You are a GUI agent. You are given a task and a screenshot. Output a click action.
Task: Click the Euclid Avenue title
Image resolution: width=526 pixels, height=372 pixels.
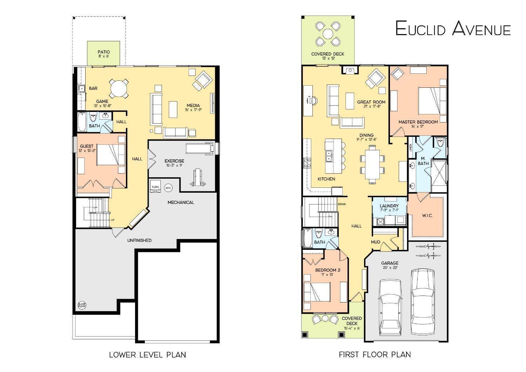(453, 28)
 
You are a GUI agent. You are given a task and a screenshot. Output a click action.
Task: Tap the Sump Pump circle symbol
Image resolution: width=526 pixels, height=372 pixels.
(82, 305)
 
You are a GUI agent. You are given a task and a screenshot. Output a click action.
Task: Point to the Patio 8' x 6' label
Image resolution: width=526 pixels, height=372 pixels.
(103, 54)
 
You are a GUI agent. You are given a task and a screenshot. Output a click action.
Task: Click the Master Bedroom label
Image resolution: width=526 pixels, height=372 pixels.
(418, 124)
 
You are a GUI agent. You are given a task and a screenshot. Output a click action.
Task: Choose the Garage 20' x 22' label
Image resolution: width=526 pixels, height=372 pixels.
(390, 265)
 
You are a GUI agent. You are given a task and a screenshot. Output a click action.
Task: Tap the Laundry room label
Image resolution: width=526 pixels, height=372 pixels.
(389, 208)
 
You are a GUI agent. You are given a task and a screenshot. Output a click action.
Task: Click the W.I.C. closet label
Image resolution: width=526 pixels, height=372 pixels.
(427, 215)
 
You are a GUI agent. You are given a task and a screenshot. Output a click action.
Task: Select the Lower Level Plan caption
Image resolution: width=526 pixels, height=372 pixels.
(147, 355)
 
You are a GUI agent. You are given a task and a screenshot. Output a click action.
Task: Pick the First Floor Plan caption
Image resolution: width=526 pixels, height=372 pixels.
(375, 355)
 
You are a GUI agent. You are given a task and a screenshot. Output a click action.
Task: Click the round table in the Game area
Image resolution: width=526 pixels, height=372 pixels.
(118, 88)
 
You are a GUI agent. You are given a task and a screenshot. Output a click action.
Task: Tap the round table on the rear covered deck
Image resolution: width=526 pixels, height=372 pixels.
(328, 34)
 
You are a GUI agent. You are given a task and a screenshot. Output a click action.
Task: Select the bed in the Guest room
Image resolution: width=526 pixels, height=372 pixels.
(110, 155)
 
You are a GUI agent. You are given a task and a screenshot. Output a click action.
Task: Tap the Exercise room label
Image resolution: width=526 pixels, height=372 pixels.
(174, 163)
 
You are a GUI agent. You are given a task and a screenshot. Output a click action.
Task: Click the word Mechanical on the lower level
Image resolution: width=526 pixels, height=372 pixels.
(181, 202)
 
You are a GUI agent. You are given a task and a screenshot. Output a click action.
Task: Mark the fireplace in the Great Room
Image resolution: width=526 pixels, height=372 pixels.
(350, 71)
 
